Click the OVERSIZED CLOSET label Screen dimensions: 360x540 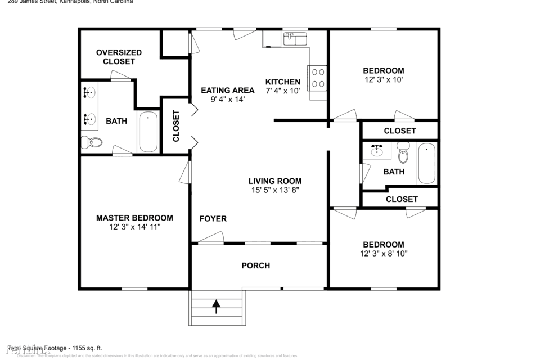(x=119, y=57)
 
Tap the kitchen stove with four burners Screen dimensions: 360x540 (x=318, y=78)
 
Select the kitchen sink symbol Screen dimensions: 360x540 (x=295, y=38)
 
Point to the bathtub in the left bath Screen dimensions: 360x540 (x=148, y=132)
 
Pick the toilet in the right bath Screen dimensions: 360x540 (x=403, y=152)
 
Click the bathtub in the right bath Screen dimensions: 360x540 (x=426, y=164)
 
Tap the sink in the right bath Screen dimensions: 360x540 (x=377, y=150)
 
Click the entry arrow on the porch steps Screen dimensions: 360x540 (x=217, y=306)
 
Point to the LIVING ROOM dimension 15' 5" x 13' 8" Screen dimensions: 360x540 (x=275, y=190)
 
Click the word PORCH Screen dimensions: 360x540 (x=256, y=265)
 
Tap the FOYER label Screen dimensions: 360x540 (x=213, y=218)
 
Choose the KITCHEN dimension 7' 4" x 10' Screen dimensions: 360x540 (x=283, y=90)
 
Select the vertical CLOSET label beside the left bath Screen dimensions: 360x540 (x=176, y=126)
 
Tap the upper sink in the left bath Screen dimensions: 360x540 (x=89, y=92)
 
